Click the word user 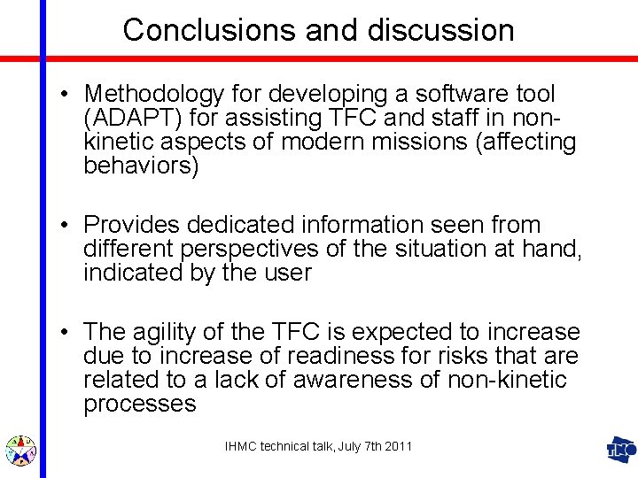285,274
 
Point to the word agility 167,333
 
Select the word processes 139,405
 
